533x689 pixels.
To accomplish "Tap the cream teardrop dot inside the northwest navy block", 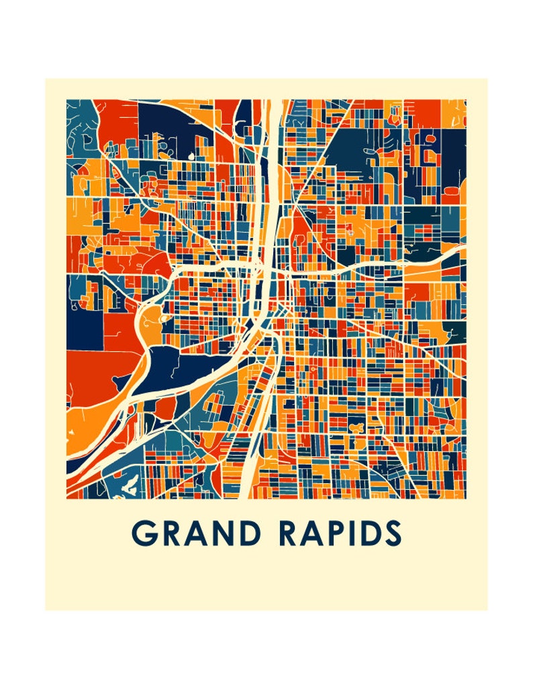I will tap(190, 156).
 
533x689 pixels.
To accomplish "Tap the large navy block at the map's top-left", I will tap(171, 124).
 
